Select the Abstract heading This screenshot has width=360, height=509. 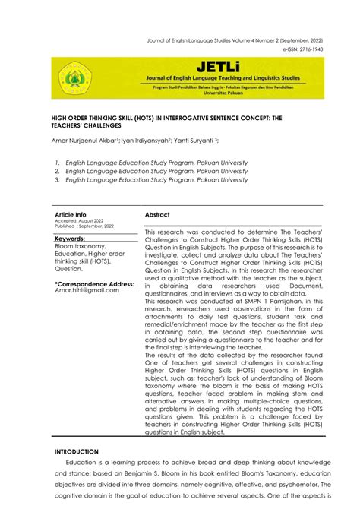(x=157, y=215)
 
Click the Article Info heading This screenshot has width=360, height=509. (x=71, y=215)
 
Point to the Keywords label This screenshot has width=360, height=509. (x=70, y=239)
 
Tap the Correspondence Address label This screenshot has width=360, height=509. (x=94, y=283)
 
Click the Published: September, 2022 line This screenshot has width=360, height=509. (x=84, y=226)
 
